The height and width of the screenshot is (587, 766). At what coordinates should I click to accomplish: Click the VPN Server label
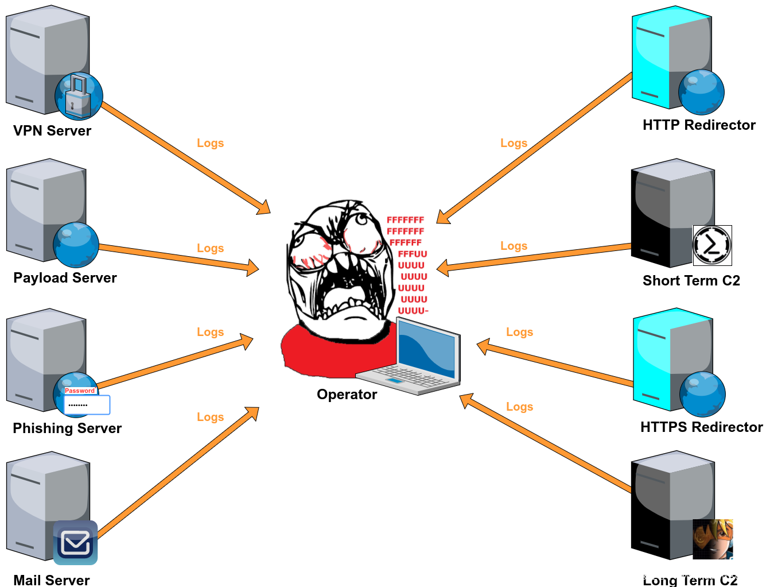point(52,131)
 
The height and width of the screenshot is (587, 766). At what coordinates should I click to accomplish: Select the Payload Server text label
point(65,278)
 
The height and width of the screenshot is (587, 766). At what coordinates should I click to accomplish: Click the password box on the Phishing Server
point(87,404)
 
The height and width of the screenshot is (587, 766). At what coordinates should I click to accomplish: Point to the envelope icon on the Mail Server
point(75,543)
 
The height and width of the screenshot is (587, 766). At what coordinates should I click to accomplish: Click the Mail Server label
point(52,580)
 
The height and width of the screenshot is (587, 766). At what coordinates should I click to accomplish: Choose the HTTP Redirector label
point(699,125)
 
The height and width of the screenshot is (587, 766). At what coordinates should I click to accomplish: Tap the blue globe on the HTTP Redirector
point(701,92)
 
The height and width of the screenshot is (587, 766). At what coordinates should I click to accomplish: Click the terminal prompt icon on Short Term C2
point(712,245)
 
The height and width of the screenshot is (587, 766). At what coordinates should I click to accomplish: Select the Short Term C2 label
point(691,281)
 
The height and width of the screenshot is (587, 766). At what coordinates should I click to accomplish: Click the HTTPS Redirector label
point(701,427)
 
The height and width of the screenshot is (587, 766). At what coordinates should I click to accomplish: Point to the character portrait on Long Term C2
point(713,539)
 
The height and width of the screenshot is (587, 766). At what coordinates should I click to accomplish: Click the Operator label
point(347,395)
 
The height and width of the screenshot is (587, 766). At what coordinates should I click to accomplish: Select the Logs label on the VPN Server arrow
point(210,143)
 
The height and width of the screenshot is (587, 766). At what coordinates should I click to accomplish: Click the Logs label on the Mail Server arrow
point(210,417)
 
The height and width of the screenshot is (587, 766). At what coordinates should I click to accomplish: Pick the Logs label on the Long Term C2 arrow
point(519,407)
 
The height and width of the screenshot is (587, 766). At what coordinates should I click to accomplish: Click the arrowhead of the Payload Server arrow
point(253,268)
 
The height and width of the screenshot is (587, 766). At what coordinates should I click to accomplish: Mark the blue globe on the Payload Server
point(76,245)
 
